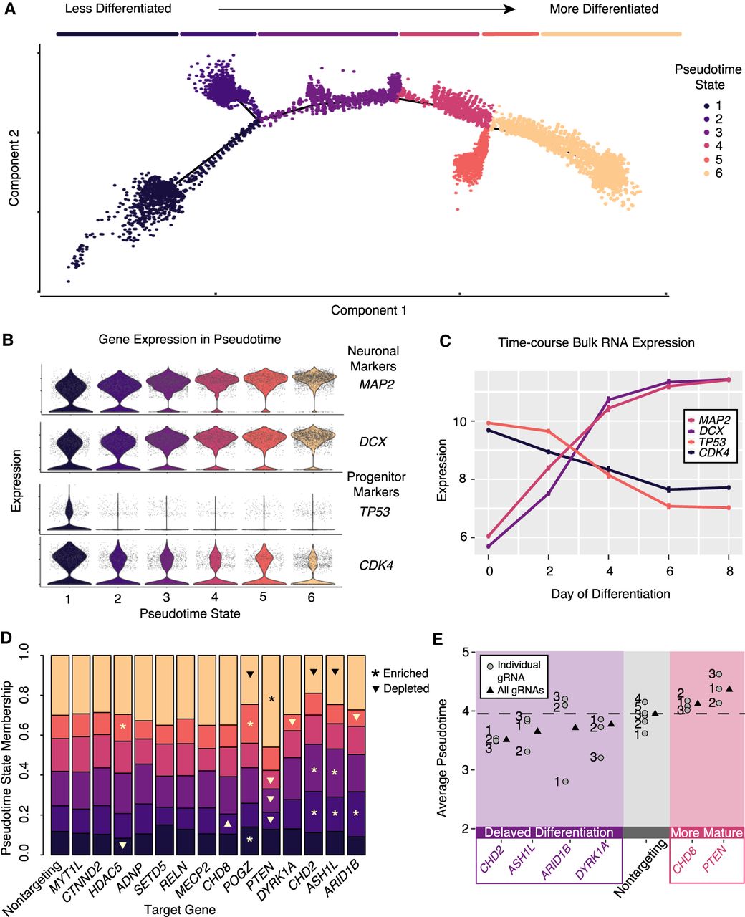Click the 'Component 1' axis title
369,311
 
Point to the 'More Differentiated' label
603,9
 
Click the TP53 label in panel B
374,512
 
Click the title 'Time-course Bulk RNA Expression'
596,343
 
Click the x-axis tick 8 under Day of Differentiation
729,575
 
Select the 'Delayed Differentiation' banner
549,832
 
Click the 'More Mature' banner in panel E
706,832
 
